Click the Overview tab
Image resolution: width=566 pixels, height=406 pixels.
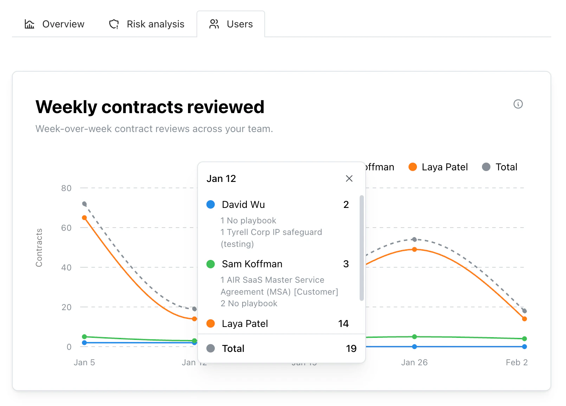tap(54, 24)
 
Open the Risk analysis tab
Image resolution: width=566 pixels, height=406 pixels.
tap(147, 24)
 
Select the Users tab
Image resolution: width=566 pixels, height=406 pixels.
tap(231, 24)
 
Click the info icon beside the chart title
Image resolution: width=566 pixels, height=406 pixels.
tap(518, 104)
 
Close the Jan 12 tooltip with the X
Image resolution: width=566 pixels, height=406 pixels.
tap(349, 178)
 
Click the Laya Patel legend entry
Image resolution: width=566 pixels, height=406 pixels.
tap(438, 167)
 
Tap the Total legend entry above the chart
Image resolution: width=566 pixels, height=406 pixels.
tap(500, 167)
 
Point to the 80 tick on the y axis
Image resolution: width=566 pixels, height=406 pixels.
tap(66, 188)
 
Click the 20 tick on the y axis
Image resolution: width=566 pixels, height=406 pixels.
tap(66, 307)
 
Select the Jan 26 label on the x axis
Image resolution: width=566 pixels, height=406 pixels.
tap(414, 362)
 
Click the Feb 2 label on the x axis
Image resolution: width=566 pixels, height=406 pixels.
tap(516, 362)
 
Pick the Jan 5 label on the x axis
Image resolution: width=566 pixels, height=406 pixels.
tap(84, 362)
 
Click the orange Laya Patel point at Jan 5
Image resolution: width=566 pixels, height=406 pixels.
tap(84, 218)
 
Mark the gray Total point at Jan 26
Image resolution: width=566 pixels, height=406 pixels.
tap(414, 240)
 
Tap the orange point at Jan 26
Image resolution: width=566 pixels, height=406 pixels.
tap(414, 249)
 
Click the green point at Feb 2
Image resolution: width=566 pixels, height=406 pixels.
tap(525, 339)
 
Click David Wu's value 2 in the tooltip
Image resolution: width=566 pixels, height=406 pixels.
tap(346, 204)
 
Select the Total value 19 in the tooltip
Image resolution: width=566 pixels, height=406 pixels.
tap(351, 348)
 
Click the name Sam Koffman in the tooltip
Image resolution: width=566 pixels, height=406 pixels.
tap(252, 264)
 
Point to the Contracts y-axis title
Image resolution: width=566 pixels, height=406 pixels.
tap(39, 248)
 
